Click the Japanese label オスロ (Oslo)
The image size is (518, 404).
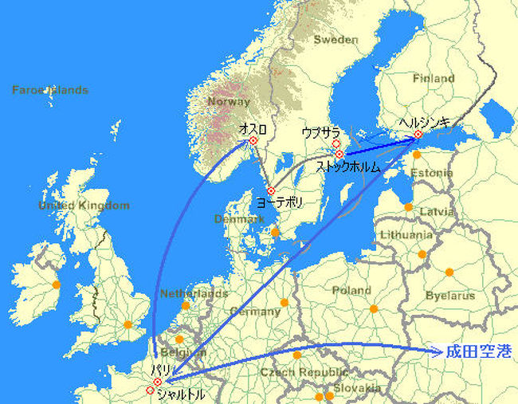(x=253, y=128)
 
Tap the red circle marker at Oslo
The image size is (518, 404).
(x=253, y=141)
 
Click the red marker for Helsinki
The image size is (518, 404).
(x=418, y=135)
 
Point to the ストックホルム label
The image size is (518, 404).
(x=348, y=167)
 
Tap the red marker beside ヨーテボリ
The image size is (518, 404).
(x=271, y=190)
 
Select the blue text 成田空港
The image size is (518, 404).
(x=477, y=351)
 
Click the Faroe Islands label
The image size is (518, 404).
(x=49, y=89)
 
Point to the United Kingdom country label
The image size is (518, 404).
(x=84, y=206)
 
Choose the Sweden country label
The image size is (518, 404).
(x=336, y=39)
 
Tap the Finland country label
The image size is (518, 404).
(x=434, y=78)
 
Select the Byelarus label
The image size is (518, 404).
(x=452, y=296)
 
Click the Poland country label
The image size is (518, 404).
(x=351, y=291)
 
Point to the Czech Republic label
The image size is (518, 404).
(x=307, y=372)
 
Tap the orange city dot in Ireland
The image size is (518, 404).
(x=56, y=284)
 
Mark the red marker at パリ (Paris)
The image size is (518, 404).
(x=157, y=382)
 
